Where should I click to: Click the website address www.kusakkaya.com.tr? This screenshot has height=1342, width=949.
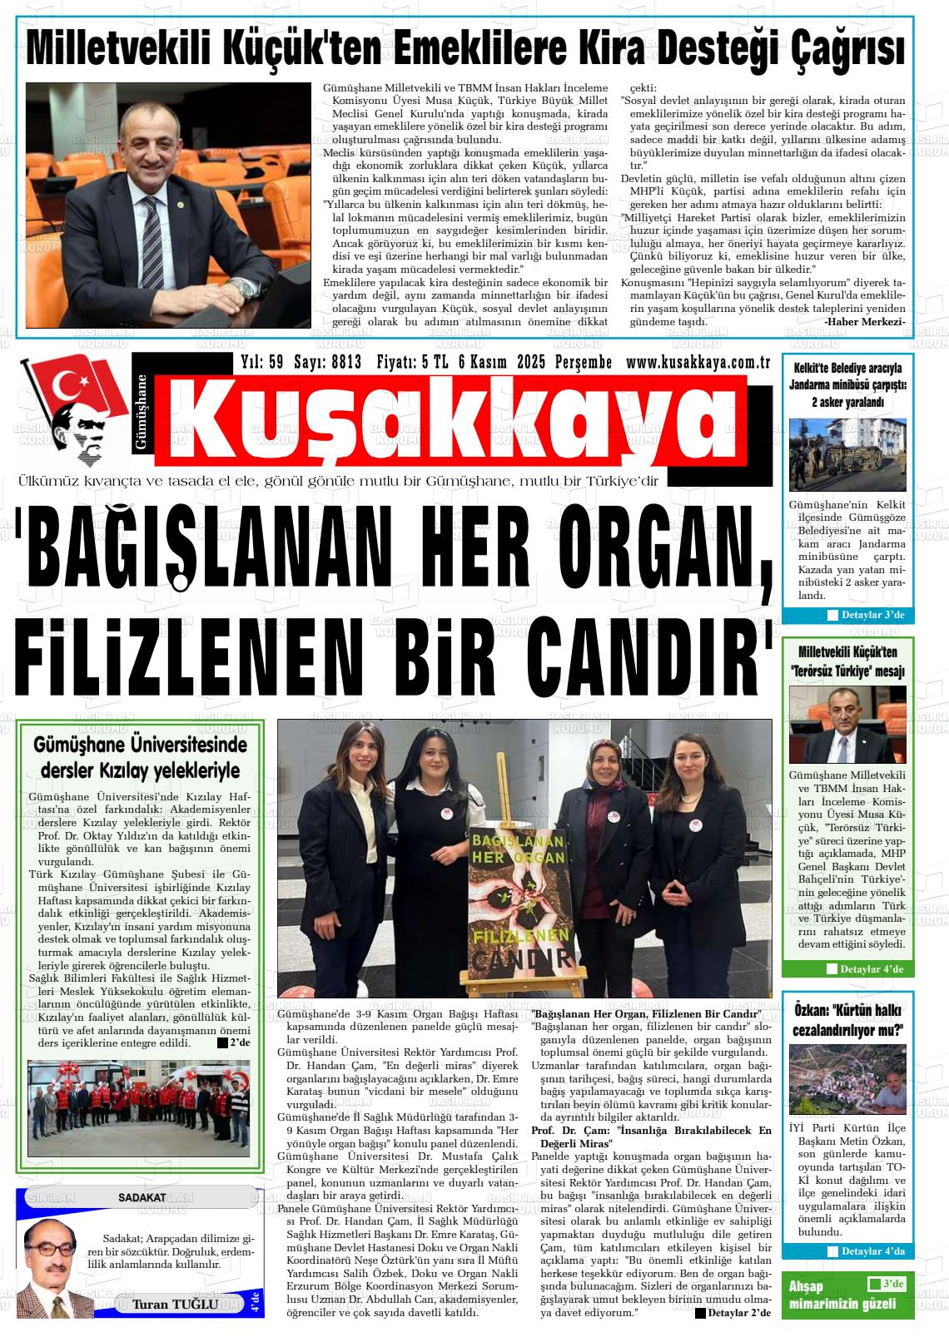point(698,362)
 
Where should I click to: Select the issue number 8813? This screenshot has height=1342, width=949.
point(345,362)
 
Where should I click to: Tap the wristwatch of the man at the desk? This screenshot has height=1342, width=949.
point(242,288)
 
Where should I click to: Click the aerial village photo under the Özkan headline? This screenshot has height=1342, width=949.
point(847,1079)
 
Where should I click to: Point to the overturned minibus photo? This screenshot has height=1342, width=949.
point(847,454)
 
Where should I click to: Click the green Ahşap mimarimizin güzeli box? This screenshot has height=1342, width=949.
point(847,1295)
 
